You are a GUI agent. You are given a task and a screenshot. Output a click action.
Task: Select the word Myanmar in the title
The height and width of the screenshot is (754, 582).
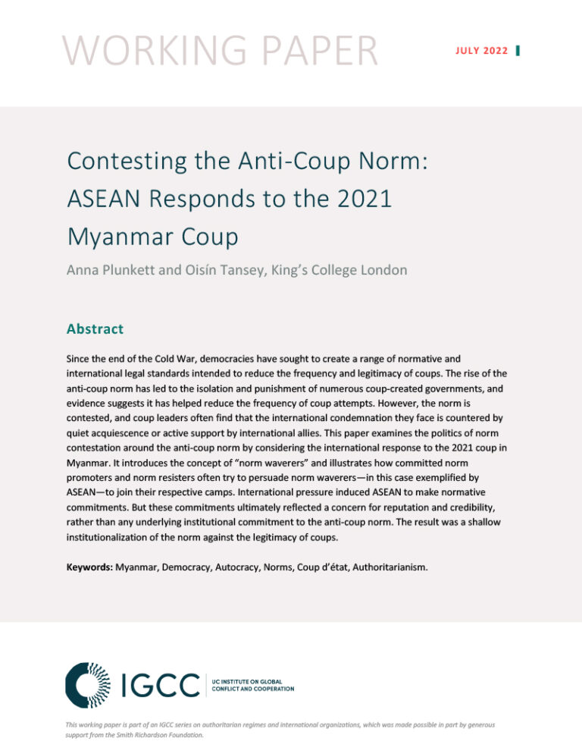tap(118, 237)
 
